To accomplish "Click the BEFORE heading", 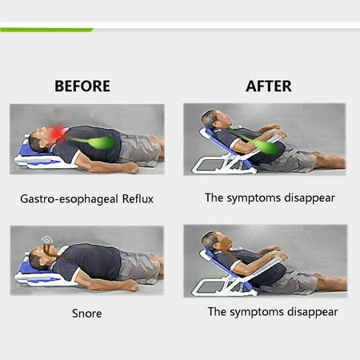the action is (x=82, y=86).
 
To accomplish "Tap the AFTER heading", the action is (x=269, y=86).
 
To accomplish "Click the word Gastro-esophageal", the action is (x=69, y=199).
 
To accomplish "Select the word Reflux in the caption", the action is (x=138, y=199).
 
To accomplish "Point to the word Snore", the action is (x=87, y=314).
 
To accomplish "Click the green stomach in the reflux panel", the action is (x=102, y=142).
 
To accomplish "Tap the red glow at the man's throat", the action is (x=57, y=132).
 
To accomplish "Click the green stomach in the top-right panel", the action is (x=267, y=147).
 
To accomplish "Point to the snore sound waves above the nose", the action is (x=47, y=240).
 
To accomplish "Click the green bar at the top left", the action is (x=46, y=30).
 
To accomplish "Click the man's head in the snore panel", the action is (x=42, y=257).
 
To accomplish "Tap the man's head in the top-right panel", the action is (x=215, y=119).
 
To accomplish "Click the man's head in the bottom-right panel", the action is (x=215, y=241).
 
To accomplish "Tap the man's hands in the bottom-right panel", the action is (x=278, y=253).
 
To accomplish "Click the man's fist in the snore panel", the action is (x=132, y=286).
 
